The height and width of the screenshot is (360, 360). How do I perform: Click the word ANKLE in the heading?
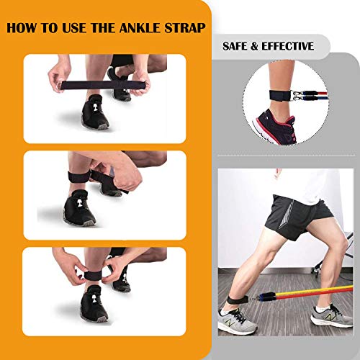(140, 27)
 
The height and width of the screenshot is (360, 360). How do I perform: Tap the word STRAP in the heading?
(185, 27)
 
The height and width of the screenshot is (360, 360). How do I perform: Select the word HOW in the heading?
(22, 27)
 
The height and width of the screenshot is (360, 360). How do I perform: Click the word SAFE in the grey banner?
(235, 46)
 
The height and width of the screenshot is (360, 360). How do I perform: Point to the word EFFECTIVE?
(287, 46)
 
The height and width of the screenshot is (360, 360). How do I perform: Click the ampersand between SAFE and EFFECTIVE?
(254, 46)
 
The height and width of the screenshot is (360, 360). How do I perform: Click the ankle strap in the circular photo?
(279, 96)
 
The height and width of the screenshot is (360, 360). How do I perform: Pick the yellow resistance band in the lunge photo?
(315, 292)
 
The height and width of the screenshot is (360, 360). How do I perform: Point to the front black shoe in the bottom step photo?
(94, 303)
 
